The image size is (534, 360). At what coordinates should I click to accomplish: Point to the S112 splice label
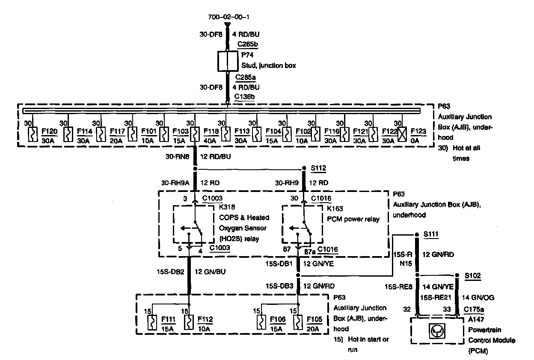318,168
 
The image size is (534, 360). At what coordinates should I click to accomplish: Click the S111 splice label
430,235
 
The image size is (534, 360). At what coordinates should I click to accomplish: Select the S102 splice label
473,276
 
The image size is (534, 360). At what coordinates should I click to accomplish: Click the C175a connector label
473,309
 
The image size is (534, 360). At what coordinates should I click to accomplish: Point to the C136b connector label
244,97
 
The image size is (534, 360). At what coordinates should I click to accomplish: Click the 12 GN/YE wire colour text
319,264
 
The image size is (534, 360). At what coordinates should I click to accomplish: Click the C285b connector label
247,44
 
